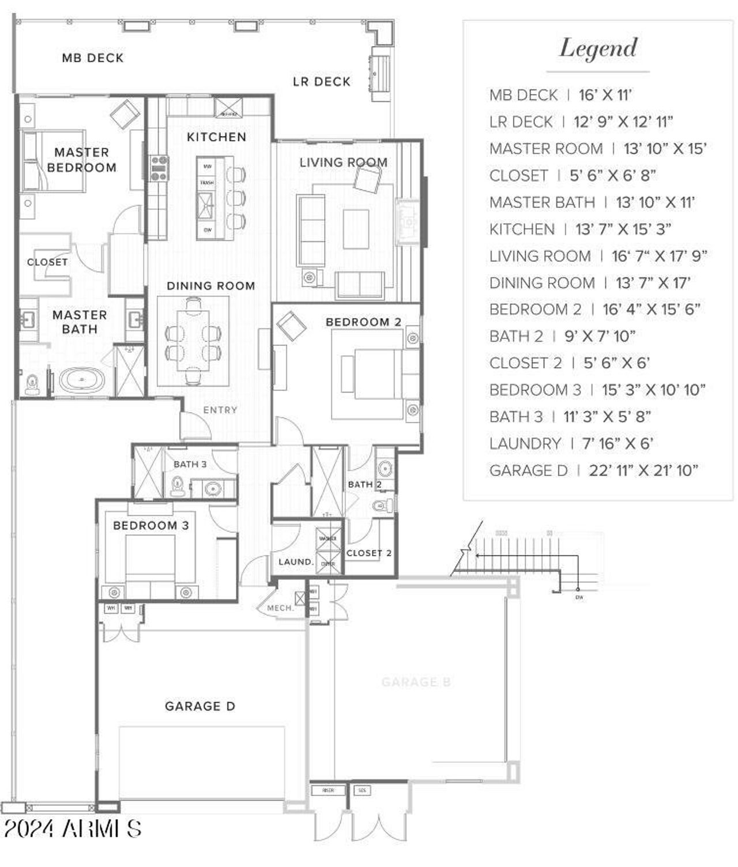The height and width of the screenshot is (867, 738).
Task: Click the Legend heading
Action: point(598,48)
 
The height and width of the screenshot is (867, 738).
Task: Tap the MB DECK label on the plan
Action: point(92,58)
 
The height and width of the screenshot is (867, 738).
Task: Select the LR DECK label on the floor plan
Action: point(321,82)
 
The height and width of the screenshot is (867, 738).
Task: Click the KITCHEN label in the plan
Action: point(216,137)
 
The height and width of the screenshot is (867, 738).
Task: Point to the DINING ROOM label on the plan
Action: point(210,286)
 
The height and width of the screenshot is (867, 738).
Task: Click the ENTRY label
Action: point(220,410)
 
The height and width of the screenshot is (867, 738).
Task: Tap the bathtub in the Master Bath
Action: point(82,380)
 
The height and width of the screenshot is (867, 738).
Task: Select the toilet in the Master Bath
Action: point(32,383)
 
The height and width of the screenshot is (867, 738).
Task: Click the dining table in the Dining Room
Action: point(193,340)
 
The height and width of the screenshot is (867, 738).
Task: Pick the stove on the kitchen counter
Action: point(159,168)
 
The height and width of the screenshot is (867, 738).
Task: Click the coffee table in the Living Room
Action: point(356,229)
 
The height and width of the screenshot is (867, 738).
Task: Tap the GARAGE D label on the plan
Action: point(199,706)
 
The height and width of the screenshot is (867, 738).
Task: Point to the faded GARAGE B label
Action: point(416,683)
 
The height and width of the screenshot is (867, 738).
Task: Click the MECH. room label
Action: point(280,608)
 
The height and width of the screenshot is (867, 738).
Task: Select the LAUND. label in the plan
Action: point(296,562)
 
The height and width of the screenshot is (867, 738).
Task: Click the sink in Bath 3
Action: point(213,489)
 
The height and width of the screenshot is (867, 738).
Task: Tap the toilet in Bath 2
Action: point(382,506)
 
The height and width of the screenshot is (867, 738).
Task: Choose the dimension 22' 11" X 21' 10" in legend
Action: point(643,471)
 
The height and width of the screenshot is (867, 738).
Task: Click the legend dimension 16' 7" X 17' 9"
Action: point(659,256)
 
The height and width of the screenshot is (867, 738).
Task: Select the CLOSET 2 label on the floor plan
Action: point(369,553)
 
